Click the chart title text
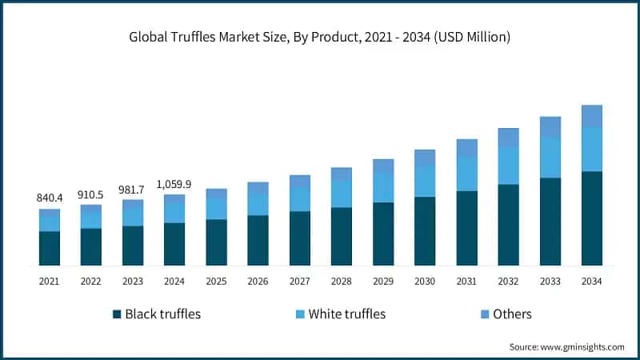[x=319, y=37]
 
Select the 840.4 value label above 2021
[x=50, y=198]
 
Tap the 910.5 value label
[x=91, y=194]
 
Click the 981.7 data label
[x=133, y=189]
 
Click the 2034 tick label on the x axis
[x=591, y=281]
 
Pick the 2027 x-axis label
[x=299, y=281]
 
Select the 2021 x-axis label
[x=50, y=281]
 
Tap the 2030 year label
[x=425, y=281]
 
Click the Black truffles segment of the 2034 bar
[x=591, y=218]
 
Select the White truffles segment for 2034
[x=591, y=150]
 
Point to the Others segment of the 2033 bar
[x=550, y=127]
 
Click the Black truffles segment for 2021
[x=50, y=248]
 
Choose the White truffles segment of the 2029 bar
[x=383, y=188]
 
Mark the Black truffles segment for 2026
[x=258, y=240]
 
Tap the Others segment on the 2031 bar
[x=466, y=148]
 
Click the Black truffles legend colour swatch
[x=117, y=314]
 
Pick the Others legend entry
[x=505, y=314]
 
